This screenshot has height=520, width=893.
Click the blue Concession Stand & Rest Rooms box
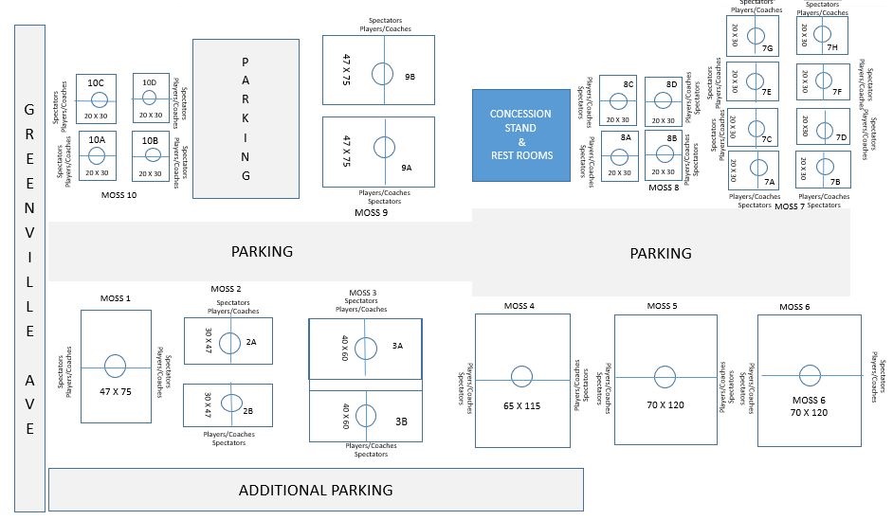pyautogui.click(x=520, y=134)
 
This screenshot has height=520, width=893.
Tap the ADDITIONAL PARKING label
pyautogui.click(x=316, y=490)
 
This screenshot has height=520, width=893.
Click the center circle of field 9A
pyautogui.click(x=383, y=147)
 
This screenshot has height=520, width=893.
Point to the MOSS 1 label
pyautogui.click(x=115, y=298)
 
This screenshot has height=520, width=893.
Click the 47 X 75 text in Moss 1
pyautogui.click(x=116, y=390)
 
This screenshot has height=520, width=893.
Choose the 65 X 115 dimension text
pyautogui.click(x=521, y=404)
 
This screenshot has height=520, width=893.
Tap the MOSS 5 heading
pyautogui.click(x=662, y=306)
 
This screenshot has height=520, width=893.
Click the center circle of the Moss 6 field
pyautogui.click(x=809, y=375)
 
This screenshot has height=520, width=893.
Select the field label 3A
pyautogui.click(x=397, y=347)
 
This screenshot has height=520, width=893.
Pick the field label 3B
pyautogui.click(x=401, y=421)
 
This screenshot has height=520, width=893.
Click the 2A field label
pyautogui.click(x=251, y=341)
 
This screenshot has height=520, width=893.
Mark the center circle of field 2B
pyautogui.click(x=229, y=403)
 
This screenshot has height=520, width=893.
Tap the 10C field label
pyautogui.click(x=96, y=83)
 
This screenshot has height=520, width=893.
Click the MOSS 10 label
pyautogui.click(x=118, y=194)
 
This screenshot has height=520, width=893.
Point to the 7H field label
pyautogui.click(x=831, y=47)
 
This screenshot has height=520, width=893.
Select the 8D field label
pyautogui.click(x=671, y=84)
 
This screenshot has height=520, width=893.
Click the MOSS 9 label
pyautogui.click(x=371, y=212)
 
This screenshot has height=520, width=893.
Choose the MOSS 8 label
pyautogui.click(x=664, y=188)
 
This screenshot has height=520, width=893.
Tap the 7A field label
pyautogui.click(x=770, y=181)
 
